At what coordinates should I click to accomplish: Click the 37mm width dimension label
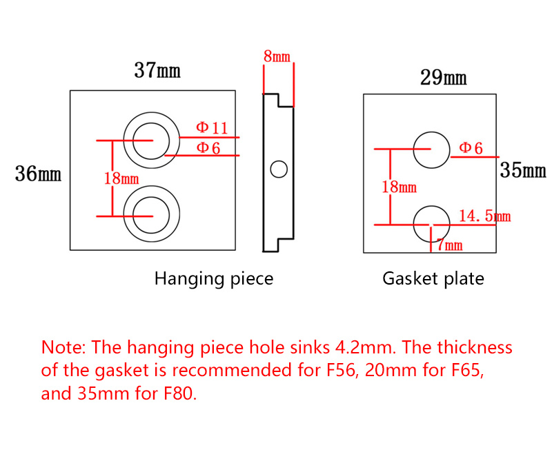click(x=157, y=70)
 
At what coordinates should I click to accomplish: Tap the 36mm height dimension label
click(x=39, y=174)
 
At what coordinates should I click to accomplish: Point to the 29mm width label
click(x=443, y=78)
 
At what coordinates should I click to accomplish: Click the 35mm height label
click(x=523, y=170)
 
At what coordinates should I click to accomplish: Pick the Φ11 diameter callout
click(x=212, y=128)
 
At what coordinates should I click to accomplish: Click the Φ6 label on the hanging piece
click(x=208, y=147)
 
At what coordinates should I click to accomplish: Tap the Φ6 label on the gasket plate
click(x=471, y=148)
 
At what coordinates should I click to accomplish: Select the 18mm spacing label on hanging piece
click(x=121, y=178)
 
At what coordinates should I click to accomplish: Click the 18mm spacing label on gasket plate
click(x=400, y=187)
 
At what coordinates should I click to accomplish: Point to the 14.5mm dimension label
click(x=484, y=216)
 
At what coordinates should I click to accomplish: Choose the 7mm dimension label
click(x=449, y=245)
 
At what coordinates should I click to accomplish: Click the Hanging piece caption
click(x=213, y=279)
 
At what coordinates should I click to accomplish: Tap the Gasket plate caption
click(x=433, y=279)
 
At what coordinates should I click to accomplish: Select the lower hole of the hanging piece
click(x=147, y=214)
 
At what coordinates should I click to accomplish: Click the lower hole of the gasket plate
click(x=431, y=223)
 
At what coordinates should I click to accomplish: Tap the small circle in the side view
click(x=279, y=169)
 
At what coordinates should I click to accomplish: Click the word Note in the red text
click(x=63, y=347)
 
